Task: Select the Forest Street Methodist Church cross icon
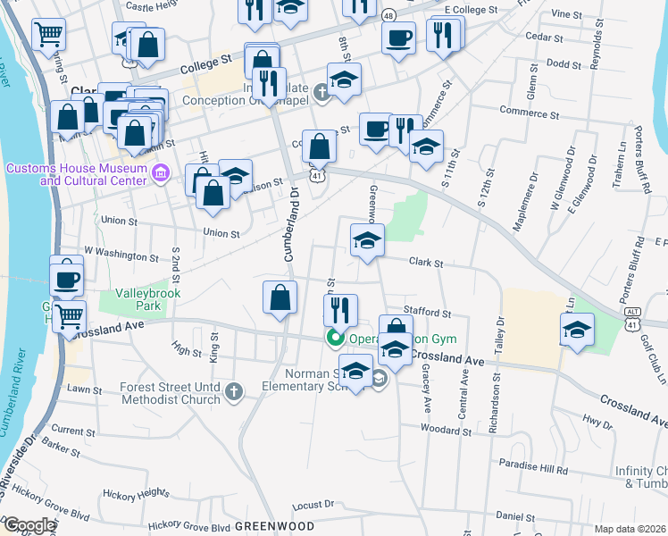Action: click(233, 391)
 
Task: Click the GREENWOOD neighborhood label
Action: click(275, 525)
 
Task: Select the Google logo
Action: click(30, 525)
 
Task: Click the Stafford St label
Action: click(427, 313)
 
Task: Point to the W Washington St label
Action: click(120, 255)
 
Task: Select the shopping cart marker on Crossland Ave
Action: click(68, 314)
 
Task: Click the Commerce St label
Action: click(530, 114)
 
